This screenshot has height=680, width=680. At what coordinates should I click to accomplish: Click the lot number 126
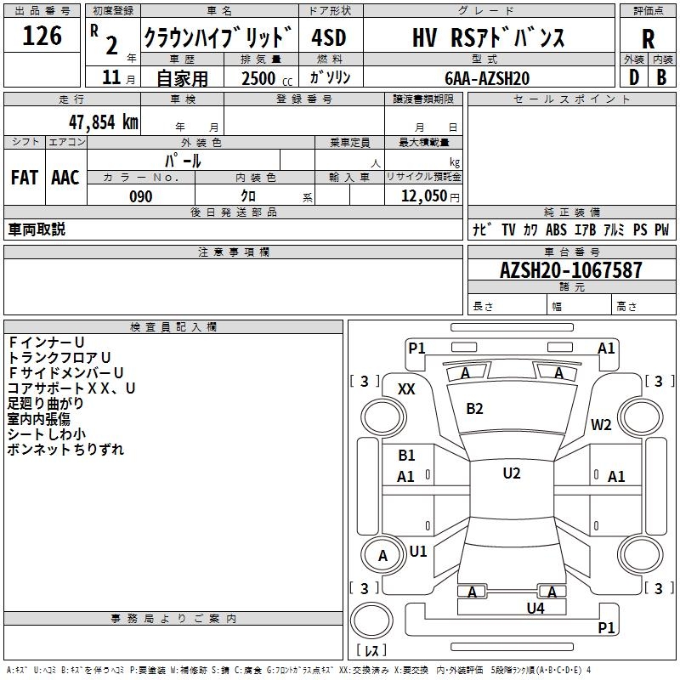42,36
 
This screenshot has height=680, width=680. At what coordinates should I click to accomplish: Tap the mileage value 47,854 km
104,122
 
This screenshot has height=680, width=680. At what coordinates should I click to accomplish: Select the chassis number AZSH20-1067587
570,269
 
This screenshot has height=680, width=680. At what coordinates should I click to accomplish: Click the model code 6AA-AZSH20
487,78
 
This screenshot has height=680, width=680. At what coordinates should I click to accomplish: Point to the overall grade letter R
648,39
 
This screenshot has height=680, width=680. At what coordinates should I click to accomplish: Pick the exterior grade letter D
634,77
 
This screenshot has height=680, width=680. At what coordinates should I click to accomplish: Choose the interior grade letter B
661,77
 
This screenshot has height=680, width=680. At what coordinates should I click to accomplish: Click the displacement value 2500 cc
267,78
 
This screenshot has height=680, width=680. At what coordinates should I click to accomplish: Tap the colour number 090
141,196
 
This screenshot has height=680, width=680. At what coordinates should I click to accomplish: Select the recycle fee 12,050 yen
430,196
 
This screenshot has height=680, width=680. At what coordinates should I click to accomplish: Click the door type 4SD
329,37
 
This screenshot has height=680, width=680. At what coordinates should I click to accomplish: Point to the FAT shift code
25,178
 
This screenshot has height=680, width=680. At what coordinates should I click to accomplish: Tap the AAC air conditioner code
65,178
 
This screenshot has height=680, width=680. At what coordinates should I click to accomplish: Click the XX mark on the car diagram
406,389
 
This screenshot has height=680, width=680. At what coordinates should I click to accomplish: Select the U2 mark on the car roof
512,473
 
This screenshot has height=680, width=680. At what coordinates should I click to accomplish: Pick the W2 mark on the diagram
601,424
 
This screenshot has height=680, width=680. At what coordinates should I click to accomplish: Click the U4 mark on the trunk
535,608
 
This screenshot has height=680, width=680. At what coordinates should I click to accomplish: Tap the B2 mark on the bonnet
474,409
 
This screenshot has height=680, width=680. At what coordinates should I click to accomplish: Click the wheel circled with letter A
383,555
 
